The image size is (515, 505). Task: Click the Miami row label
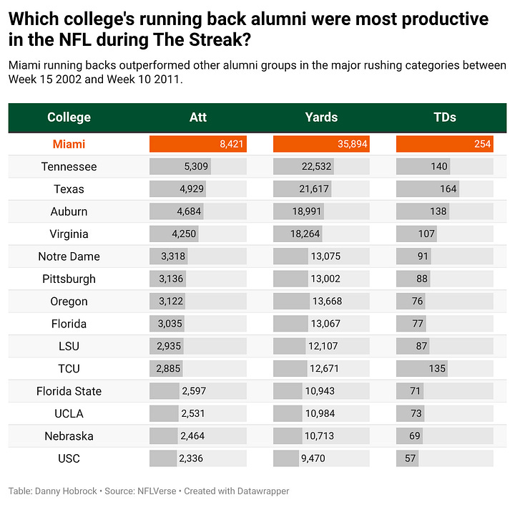coord(69,144)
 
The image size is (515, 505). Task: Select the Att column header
coord(198,117)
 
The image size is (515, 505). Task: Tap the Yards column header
coord(321,117)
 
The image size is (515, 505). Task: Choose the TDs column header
coord(444,117)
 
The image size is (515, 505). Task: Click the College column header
coord(69,117)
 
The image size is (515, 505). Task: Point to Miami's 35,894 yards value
coord(352,144)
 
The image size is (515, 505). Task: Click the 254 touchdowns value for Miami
coord(481,144)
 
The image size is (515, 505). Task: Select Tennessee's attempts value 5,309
coord(195,167)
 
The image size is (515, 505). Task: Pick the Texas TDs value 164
coord(448,189)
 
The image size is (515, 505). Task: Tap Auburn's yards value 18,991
coord(307,211)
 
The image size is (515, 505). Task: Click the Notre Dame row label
coord(69,256)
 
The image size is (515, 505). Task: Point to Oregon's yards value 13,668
coord(327,302)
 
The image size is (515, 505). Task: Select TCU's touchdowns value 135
coord(437,369)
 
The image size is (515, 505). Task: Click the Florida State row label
coord(69,391)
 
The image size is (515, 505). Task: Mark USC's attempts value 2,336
coord(192,458)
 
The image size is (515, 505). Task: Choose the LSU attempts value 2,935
coord(168,347)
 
